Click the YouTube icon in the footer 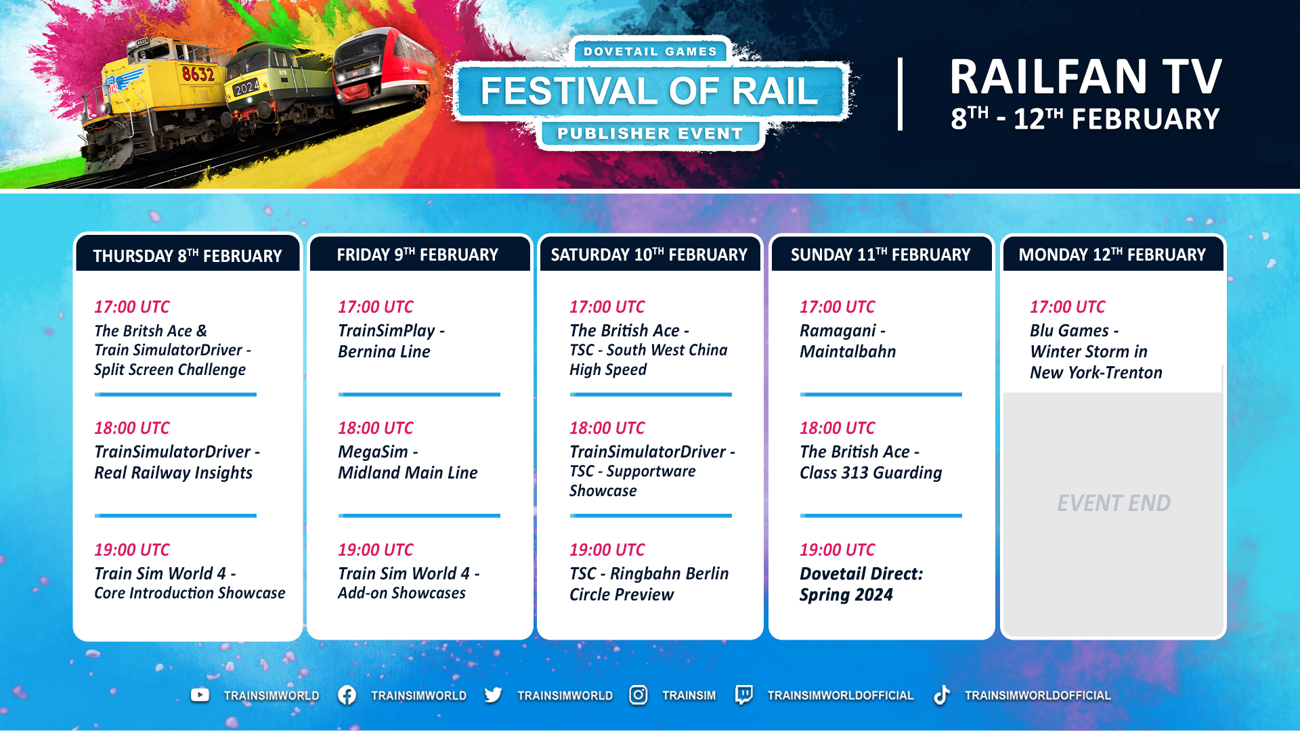[x=200, y=695]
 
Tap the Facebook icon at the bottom [x=347, y=695]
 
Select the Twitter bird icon [x=493, y=695]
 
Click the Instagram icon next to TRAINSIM [x=638, y=695]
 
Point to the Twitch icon [x=743, y=695]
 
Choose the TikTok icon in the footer [x=941, y=695]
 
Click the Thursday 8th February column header [x=188, y=255]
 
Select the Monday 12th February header [x=1112, y=254]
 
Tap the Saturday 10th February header [x=649, y=254]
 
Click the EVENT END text [x=1114, y=503]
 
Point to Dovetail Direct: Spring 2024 [x=861, y=584]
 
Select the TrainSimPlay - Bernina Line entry [x=391, y=341]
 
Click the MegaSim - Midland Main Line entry [x=408, y=462]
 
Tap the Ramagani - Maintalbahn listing [x=848, y=341]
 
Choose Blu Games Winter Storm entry [x=1096, y=351]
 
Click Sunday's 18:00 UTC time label [x=838, y=428]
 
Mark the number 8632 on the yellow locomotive [x=198, y=73]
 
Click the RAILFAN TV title [x=1085, y=76]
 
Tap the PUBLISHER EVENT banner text [x=650, y=133]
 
